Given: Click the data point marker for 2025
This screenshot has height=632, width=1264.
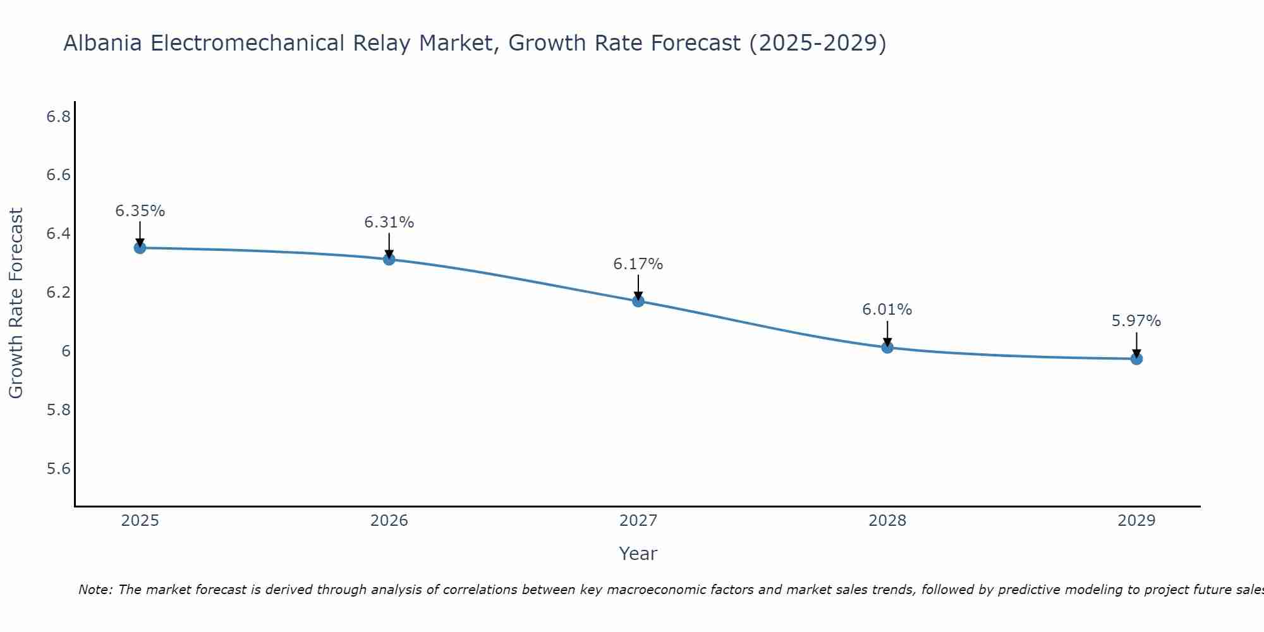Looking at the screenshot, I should (140, 248).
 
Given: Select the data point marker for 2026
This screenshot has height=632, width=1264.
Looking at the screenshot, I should (389, 259).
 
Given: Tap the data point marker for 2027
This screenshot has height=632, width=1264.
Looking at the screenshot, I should (638, 301).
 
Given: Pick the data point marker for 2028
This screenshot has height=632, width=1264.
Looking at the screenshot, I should (887, 347).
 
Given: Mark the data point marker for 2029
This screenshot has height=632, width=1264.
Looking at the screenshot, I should (1136, 359).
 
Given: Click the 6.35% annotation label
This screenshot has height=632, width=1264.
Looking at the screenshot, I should (140, 211).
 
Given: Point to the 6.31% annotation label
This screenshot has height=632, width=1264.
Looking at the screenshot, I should (389, 222).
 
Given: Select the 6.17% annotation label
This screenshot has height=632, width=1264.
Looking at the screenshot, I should (638, 264).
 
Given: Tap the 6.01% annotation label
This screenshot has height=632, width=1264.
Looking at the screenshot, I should (887, 310).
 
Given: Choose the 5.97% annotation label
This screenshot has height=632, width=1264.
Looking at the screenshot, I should (1136, 321).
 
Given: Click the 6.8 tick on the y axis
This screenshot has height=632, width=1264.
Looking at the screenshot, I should (58, 116).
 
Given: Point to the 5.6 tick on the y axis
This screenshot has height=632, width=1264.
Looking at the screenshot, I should (58, 468).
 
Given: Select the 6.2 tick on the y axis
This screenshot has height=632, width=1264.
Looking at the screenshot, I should (58, 293).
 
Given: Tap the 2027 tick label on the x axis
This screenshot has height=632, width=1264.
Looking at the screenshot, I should (638, 521).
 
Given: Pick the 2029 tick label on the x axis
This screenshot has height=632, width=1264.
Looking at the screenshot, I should (1136, 521).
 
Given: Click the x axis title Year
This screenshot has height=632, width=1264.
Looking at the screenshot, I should (638, 554).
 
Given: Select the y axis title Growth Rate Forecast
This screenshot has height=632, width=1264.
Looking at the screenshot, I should (16, 303).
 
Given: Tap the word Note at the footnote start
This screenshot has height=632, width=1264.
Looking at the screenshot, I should (95, 590).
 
